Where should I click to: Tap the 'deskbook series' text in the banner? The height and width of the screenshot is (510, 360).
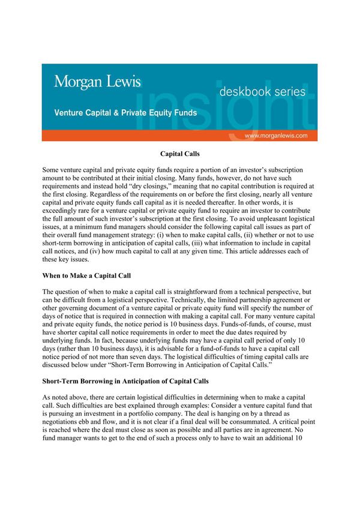263,92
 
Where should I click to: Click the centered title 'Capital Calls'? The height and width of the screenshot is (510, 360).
180,155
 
